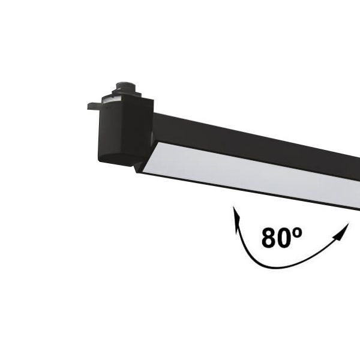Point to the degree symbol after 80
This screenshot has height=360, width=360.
tap(298, 233)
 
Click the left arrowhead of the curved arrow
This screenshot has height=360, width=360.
tap(236, 218)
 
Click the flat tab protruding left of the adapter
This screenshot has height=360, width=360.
tap(94, 106)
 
